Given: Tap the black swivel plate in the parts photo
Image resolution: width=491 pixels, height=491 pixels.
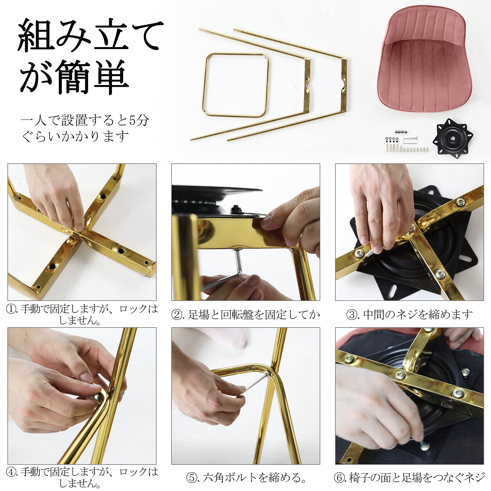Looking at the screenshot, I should [x=453, y=138].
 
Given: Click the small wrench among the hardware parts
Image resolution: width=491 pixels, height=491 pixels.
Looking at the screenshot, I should [x=410, y=139].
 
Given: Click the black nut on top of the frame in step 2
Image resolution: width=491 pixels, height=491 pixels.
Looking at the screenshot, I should [x=235, y=210].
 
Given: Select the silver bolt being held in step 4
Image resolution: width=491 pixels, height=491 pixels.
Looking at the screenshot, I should [x=96, y=396].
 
